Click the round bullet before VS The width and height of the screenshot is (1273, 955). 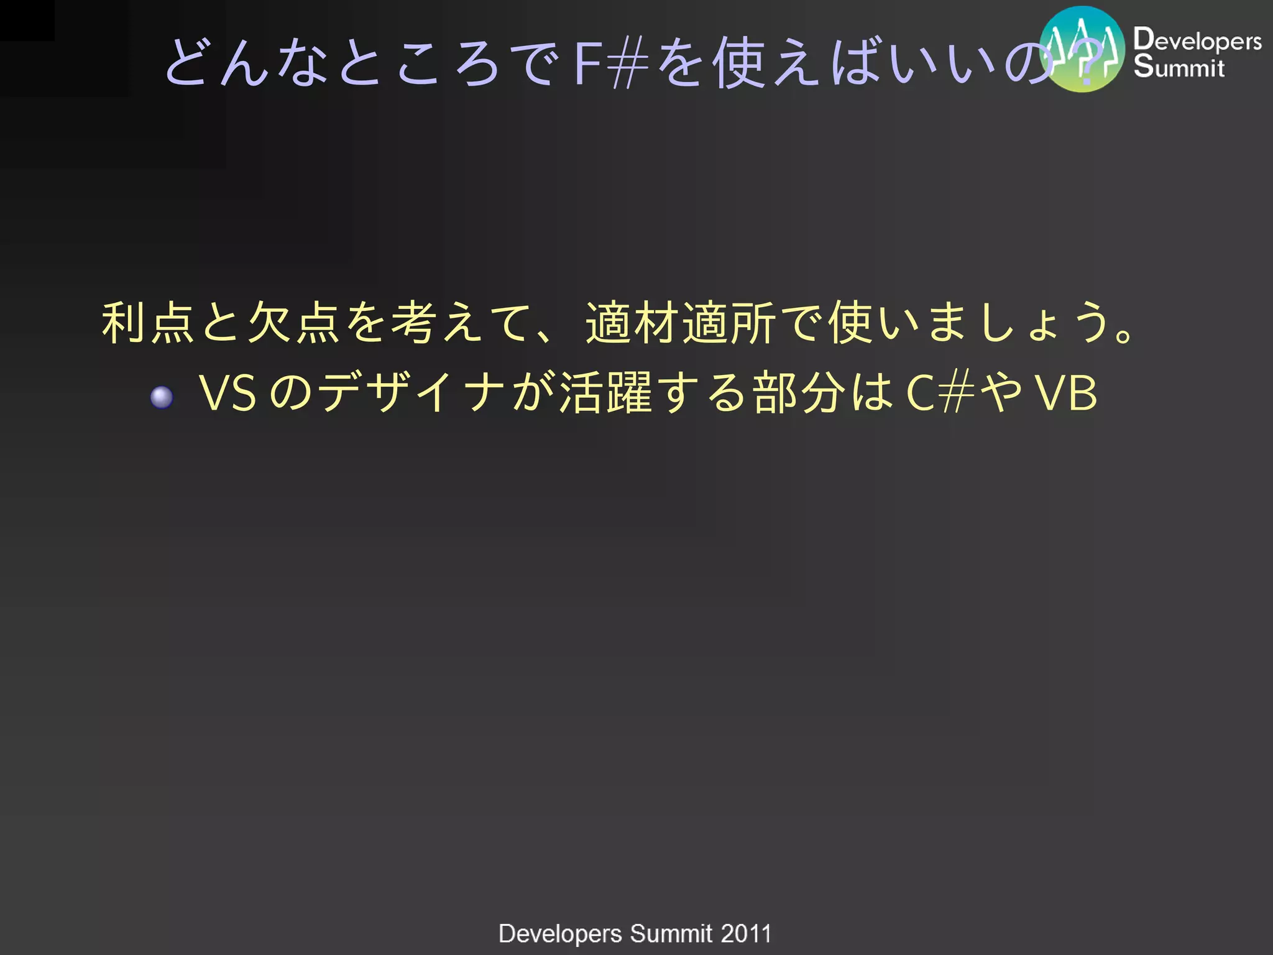162,397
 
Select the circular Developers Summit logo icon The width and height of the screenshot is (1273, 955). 1082,49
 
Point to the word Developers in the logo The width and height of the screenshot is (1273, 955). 1197,40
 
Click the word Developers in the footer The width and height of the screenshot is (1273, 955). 560,933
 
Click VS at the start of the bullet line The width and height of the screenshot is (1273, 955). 227,393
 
